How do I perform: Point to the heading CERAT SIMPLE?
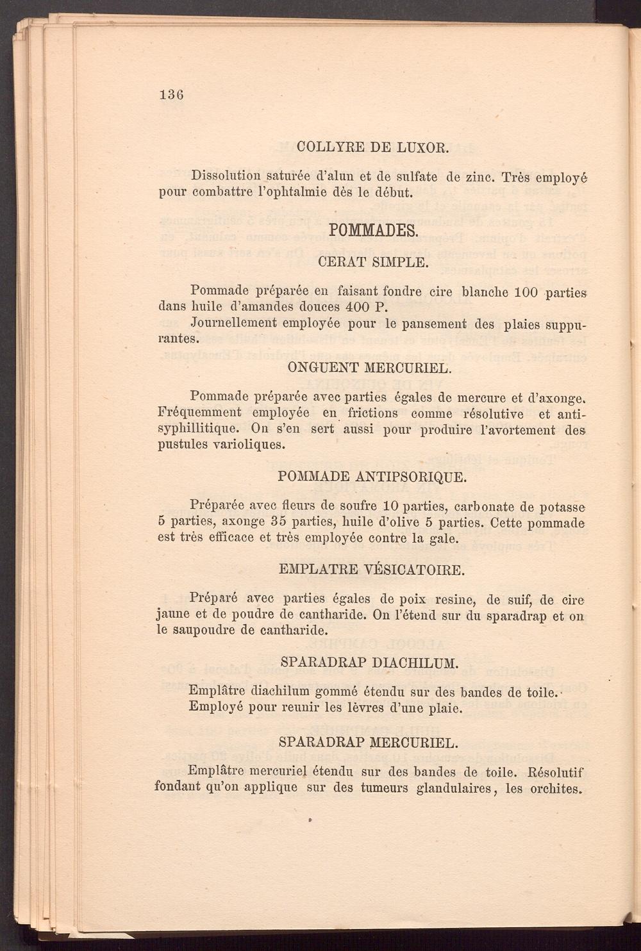[372, 262]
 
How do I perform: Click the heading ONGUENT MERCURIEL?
[372, 368]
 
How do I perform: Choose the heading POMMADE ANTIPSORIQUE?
[372, 477]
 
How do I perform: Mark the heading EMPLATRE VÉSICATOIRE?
[372, 570]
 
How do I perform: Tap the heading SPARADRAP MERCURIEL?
[370, 742]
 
